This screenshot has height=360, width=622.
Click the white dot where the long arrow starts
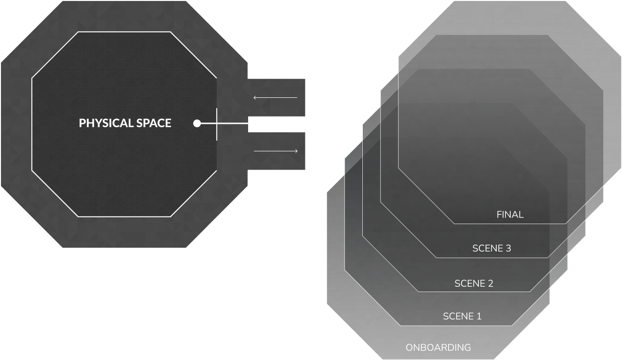tap(197, 123)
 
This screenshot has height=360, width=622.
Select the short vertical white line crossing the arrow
tap(217, 124)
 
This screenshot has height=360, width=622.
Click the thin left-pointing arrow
tap(275, 98)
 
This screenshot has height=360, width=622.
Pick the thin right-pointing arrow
tap(276, 151)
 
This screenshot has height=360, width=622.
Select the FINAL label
tap(510, 215)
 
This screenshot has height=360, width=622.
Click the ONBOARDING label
tap(438, 347)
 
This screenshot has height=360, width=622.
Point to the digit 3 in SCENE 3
tap(508, 249)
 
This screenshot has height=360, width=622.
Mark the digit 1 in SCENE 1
tap(478, 317)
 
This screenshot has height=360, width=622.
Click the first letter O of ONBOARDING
tap(409, 347)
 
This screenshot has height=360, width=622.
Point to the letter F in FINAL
tap(499, 215)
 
